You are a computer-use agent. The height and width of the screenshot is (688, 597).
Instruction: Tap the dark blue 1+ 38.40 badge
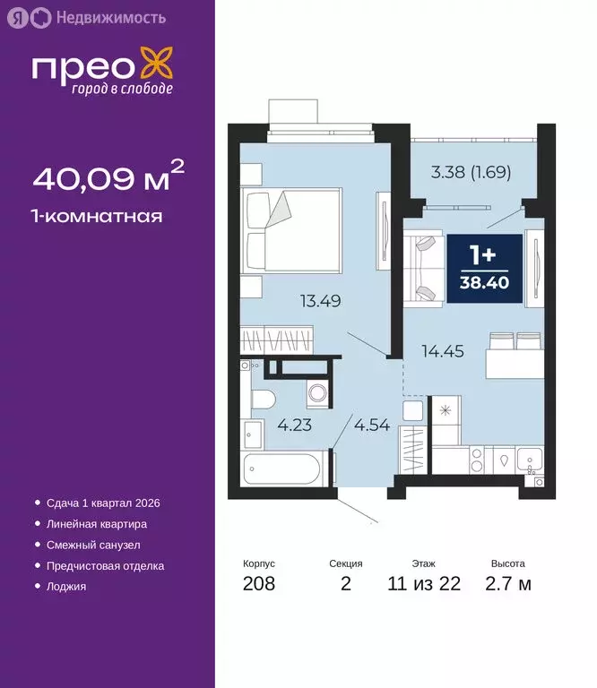[480, 269]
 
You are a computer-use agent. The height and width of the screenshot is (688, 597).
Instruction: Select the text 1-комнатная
[97, 216]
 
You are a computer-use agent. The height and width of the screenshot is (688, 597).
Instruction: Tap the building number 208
[259, 585]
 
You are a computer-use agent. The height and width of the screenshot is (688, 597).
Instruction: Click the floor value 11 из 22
[424, 585]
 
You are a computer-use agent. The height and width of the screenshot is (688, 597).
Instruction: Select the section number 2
[345, 585]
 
